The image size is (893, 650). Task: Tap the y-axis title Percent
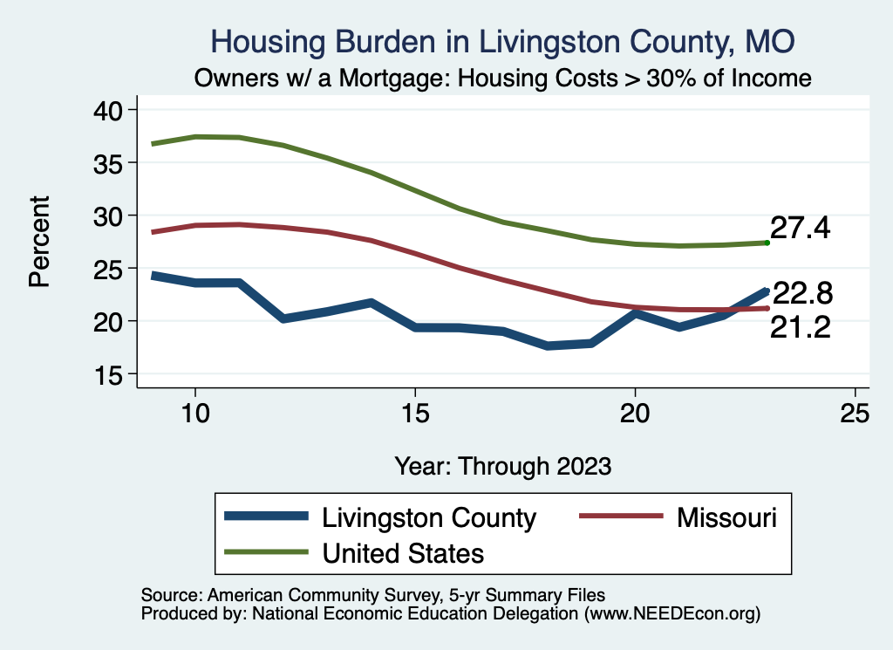38,242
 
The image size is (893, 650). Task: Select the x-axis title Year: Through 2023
502,465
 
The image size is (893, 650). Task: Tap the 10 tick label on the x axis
195,413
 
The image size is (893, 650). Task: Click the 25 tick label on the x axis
855,413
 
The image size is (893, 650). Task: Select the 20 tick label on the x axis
635,413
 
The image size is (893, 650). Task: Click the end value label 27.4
799,228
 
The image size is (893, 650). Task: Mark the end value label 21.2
799,328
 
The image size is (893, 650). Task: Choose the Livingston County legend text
429,517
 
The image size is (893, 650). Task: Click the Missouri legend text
726,517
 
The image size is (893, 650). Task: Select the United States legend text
403,552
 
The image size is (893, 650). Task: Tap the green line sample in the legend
267,552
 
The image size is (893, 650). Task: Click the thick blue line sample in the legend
267,517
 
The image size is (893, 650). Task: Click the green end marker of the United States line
767,243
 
